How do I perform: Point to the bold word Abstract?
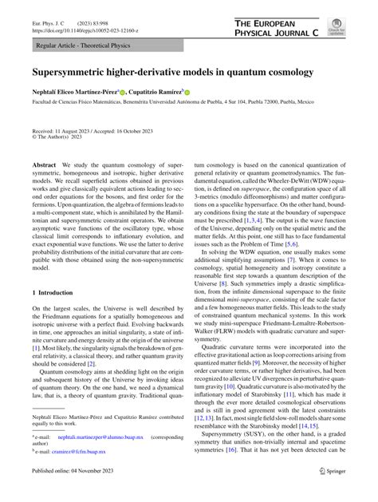(45, 164)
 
